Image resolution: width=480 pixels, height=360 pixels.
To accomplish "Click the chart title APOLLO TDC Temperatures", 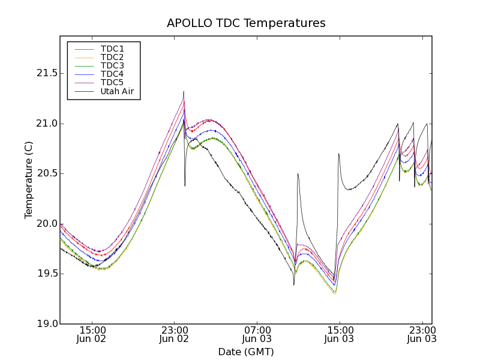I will pyautogui.click(x=246, y=23).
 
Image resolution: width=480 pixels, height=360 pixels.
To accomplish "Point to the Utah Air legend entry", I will pyautogui.click(x=117, y=91).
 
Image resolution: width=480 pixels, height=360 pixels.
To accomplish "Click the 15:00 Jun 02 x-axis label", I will pyautogui.click(x=92, y=335).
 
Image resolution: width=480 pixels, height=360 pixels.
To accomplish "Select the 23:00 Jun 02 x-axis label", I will pyautogui.click(x=175, y=335).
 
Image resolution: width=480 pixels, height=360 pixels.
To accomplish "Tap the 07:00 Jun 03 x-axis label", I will pyautogui.click(x=257, y=335).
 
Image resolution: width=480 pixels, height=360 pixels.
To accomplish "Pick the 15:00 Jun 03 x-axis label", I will pyautogui.click(x=340, y=335).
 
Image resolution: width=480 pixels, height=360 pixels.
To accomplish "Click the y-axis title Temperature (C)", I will pyautogui.click(x=29, y=180).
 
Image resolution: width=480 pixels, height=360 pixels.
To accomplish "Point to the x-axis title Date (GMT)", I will pyautogui.click(x=246, y=352).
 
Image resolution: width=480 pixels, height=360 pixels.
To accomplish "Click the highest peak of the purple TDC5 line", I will pyautogui.click(x=184, y=92).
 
